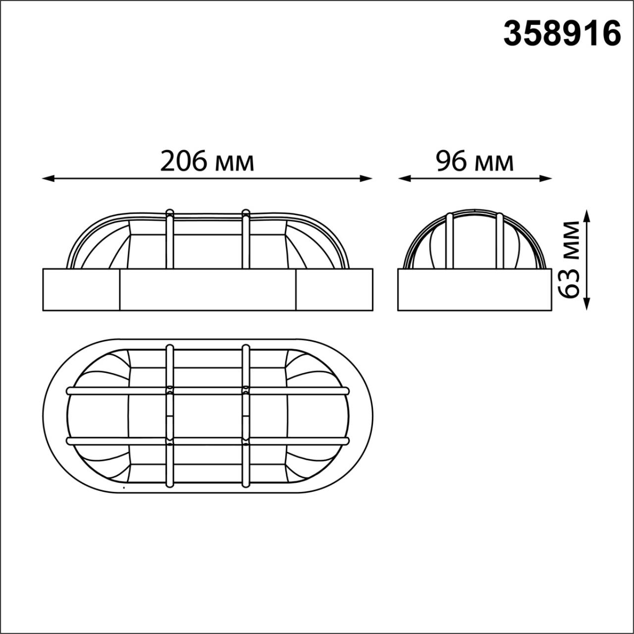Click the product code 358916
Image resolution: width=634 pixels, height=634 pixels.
[562, 34]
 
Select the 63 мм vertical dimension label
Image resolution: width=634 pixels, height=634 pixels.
[571, 260]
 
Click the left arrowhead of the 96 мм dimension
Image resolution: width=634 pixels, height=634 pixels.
[404, 178]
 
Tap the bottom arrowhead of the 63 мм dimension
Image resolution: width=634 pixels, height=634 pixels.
[587, 305]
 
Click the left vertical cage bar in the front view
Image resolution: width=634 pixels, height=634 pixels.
[170, 240]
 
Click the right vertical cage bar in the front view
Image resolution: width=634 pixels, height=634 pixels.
[245, 240]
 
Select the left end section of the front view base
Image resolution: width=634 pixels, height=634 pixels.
[81, 290]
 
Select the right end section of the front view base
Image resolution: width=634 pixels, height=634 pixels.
[334, 290]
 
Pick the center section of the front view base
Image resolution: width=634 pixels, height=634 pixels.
[208, 290]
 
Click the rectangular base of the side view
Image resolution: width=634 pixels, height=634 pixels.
[475, 290]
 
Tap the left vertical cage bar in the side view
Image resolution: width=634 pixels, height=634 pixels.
[450, 241]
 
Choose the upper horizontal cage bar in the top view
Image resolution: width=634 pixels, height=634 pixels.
[208, 391]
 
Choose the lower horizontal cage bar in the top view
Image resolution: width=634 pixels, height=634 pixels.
[208, 440]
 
